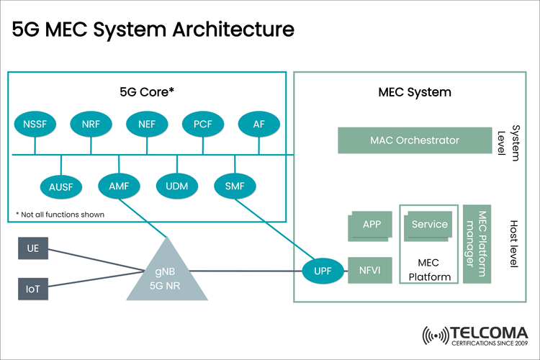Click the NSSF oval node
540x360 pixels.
click(x=35, y=125)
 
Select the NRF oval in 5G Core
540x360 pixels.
click(x=91, y=125)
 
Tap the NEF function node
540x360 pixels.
click(x=147, y=125)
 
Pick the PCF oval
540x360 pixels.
click(x=203, y=125)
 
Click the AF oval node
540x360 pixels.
click(x=258, y=125)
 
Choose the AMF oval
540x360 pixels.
click(x=118, y=186)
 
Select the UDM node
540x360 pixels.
click(x=176, y=186)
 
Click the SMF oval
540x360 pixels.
click(x=235, y=186)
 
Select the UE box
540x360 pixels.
click(x=33, y=249)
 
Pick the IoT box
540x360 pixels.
click(x=33, y=289)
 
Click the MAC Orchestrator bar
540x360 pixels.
click(x=410, y=140)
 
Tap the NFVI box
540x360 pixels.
click(x=368, y=271)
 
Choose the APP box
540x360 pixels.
click(x=371, y=225)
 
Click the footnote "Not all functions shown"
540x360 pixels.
click(x=60, y=214)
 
